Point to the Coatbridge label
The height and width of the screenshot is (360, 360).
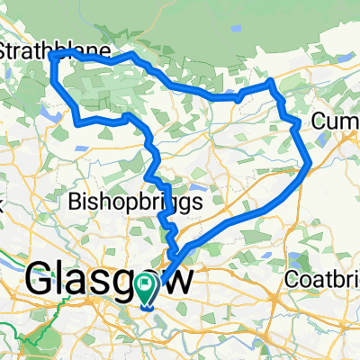(x=321, y=280)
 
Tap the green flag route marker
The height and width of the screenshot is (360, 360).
(x=146, y=286)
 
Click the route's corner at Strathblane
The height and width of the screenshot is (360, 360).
(x=55, y=55)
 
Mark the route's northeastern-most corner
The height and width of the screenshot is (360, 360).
(x=272, y=84)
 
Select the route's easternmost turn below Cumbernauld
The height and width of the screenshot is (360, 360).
(x=310, y=164)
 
